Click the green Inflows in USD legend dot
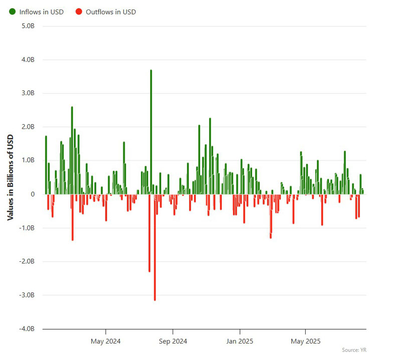pos(12,12)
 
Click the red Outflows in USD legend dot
pos(79,12)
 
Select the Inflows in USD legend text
pos(41,12)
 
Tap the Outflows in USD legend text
pos(110,12)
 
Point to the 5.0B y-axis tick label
pos(28,26)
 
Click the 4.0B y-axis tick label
pos(28,60)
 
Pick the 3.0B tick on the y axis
pos(28,93)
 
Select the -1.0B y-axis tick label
pos(27,228)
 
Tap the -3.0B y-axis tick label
pos(27,295)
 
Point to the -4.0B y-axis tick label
pos(27,329)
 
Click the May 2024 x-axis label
pos(106,342)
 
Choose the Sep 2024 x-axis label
pos(173,342)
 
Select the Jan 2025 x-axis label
pos(240,342)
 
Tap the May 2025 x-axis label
pos(306,342)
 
